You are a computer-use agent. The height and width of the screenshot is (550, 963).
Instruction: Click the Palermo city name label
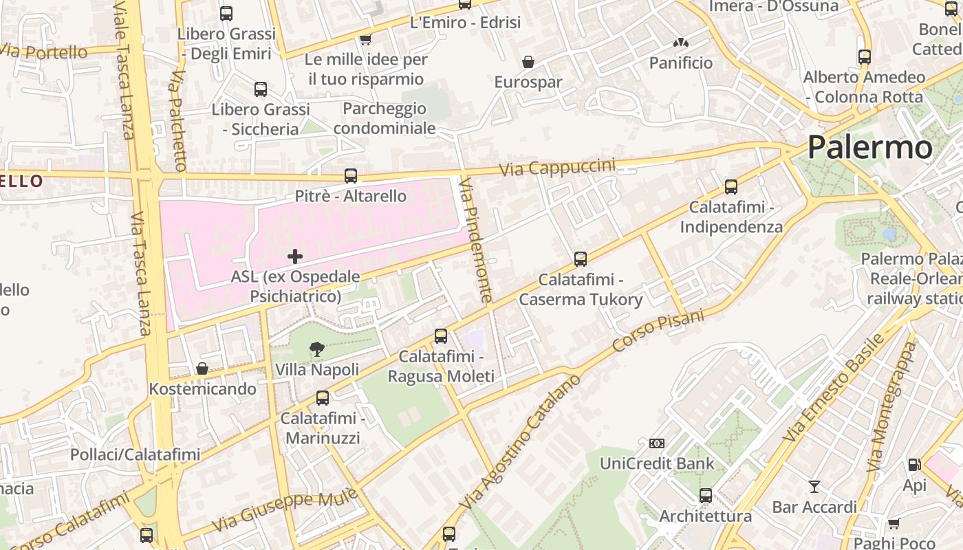869,147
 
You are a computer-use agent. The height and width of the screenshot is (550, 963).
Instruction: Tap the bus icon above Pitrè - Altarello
351,176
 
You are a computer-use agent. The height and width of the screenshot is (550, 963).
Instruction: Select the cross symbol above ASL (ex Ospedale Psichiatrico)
295,256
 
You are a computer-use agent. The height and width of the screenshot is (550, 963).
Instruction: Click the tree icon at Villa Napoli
316,349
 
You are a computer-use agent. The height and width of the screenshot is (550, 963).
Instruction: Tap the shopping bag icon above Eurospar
528,63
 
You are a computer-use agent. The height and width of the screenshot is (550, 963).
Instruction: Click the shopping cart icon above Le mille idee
366,40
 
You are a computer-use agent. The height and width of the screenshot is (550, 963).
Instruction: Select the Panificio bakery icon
681,43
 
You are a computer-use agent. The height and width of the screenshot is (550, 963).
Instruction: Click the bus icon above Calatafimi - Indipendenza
731,187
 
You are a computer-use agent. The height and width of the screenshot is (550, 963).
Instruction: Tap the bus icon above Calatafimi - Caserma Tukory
581,259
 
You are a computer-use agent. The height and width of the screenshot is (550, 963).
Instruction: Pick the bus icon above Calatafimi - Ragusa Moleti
441,336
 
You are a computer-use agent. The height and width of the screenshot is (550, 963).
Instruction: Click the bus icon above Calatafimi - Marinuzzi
323,398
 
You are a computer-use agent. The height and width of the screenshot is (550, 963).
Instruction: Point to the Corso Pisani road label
658,331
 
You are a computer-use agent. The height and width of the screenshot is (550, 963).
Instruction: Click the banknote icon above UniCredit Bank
657,443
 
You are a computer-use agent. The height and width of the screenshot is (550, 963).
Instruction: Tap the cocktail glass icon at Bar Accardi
814,487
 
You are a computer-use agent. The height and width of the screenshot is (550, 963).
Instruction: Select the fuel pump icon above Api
914,465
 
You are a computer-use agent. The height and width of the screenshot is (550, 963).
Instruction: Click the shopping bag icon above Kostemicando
202,369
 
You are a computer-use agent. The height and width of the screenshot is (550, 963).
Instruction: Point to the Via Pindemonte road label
476,240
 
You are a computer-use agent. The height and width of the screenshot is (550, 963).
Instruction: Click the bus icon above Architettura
706,496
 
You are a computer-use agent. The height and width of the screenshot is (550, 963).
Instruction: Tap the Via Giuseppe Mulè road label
285,509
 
